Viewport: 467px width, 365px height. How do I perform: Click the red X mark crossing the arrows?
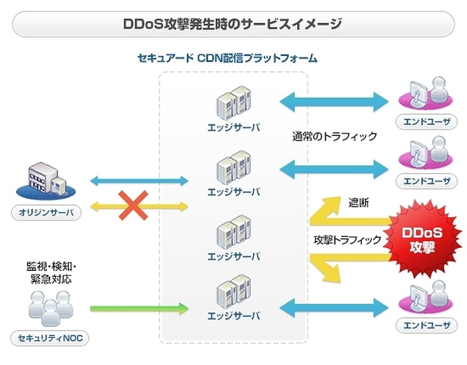point(133,204)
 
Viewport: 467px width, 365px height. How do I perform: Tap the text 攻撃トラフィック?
point(347,239)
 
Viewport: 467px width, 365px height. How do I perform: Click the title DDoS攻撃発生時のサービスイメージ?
point(233,25)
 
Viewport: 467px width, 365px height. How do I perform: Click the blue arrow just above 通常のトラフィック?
point(334,101)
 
